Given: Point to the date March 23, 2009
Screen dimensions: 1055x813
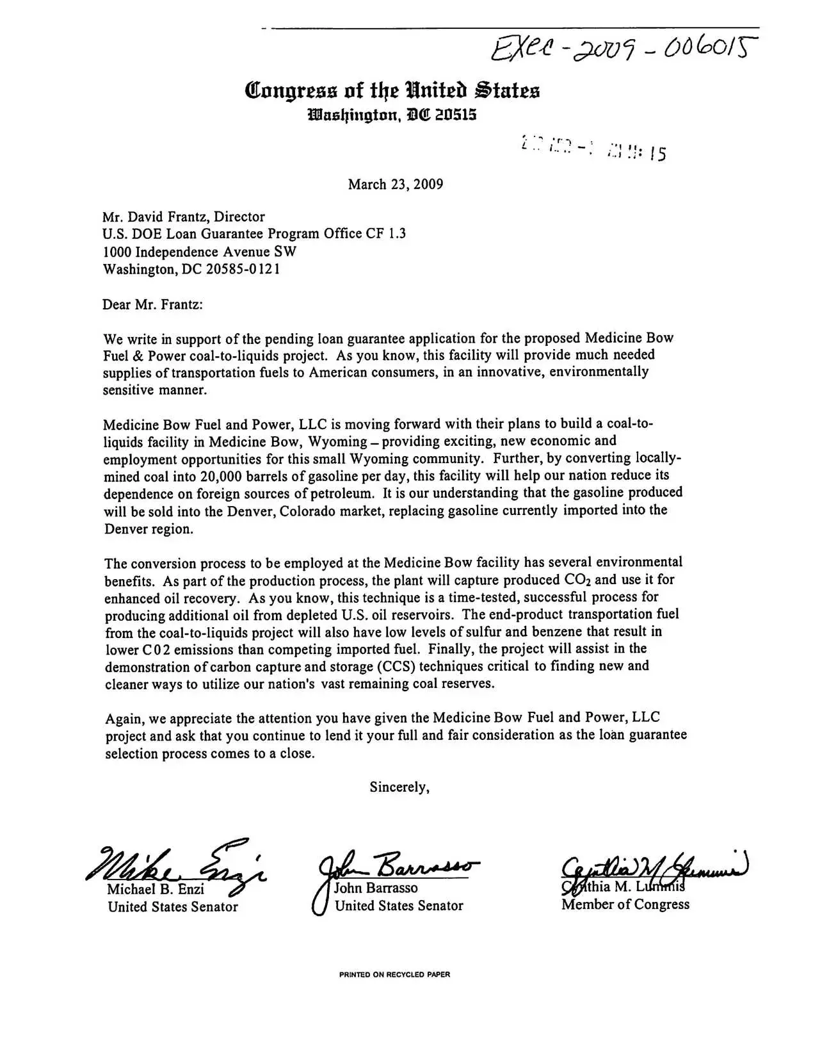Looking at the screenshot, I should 395,184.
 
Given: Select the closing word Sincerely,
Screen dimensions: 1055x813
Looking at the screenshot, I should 399,787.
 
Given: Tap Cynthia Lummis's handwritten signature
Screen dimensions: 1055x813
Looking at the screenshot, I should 653,868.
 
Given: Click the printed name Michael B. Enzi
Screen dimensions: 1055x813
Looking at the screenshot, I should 156,889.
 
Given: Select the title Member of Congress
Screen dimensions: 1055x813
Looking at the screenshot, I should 625,904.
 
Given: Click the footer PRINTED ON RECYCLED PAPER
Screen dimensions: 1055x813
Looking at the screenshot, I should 394,974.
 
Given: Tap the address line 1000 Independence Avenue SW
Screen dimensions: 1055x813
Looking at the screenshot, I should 200,252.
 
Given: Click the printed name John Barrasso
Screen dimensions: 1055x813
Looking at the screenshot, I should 376,888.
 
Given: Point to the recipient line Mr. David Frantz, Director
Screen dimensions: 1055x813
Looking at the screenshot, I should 184,217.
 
